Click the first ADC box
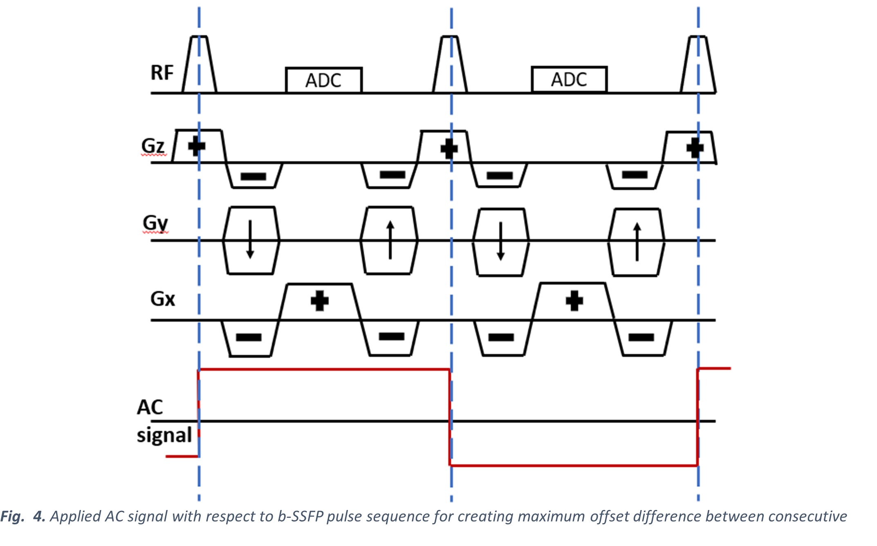coord(323,80)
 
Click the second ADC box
coord(569,79)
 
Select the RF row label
coord(162,73)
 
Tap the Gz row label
coord(153,146)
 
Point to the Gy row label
coord(155,223)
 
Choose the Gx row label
coord(163,299)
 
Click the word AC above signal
coord(150,407)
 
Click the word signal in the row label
coord(164,435)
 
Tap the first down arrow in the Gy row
coord(250,240)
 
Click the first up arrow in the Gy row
coord(390,240)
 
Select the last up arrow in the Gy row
coord(637,241)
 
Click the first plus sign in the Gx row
coord(320,301)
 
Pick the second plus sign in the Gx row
coord(574,301)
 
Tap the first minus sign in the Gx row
coord(249,337)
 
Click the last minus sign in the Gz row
coord(635,175)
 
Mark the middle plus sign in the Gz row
coord(449,149)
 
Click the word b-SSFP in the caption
coord(301,517)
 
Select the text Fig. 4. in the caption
coord(22,517)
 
